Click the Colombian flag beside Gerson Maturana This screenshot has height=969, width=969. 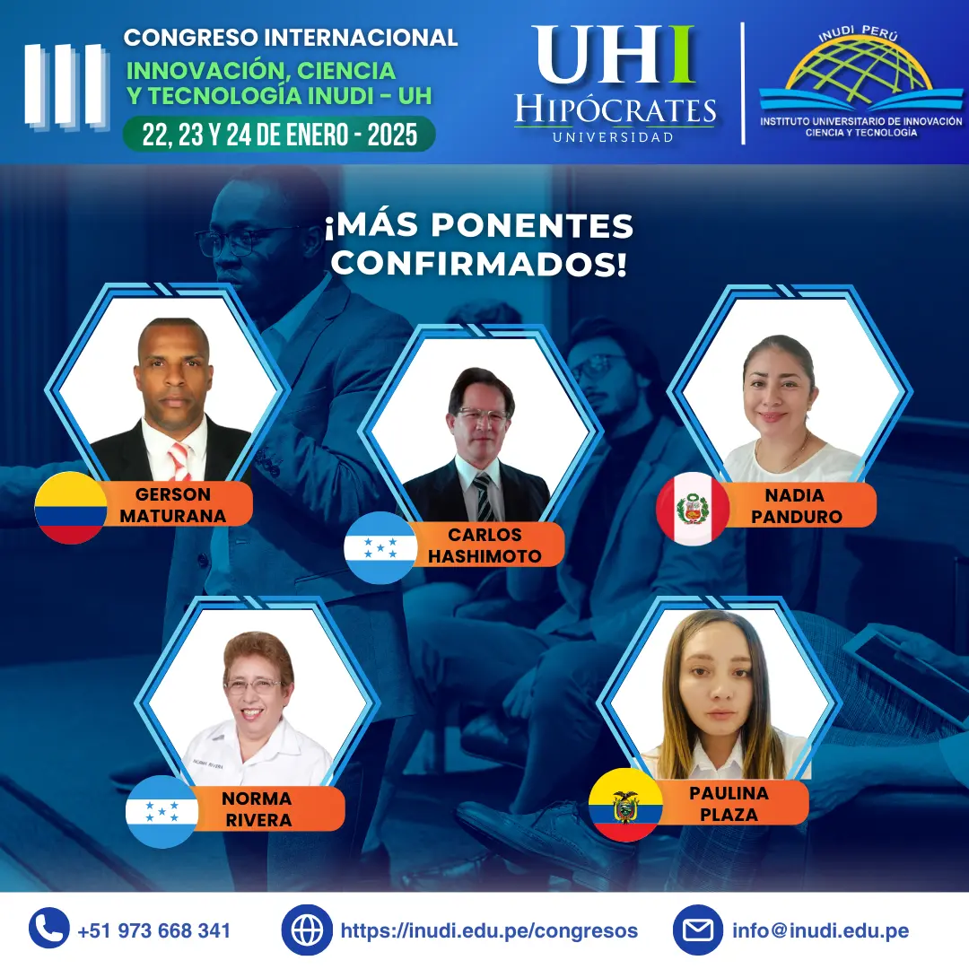(x=71, y=508)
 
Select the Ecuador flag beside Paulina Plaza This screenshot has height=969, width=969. (x=625, y=805)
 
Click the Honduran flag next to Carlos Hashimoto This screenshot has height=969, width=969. (x=381, y=547)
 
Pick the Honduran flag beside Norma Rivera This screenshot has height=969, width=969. (x=162, y=811)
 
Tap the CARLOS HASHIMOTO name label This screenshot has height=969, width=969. (x=484, y=546)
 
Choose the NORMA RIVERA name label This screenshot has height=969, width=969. (x=258, y=808)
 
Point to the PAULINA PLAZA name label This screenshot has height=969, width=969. (x=729, y=804)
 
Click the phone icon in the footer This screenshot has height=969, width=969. (x=49, y=930)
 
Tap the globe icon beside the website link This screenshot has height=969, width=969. (x=307, y=930)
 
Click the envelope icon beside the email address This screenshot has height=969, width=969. (x=698, y=930)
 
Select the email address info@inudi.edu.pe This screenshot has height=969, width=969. (x=820, y=930)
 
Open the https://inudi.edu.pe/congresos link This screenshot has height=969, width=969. (x=489, y=930)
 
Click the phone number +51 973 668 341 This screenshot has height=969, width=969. (x=153, y=930)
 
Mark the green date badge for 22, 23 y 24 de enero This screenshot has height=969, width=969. (x=279, y=134)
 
